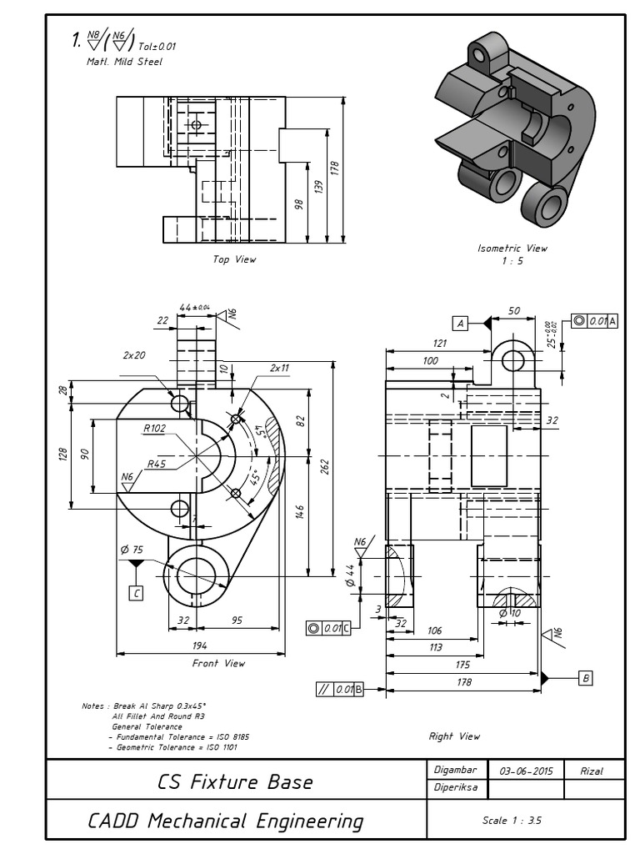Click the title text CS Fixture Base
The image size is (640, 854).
point(235,782)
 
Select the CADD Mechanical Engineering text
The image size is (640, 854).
point(226,821)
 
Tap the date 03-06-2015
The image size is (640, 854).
point(523,771)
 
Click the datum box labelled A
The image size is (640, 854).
point(460,323)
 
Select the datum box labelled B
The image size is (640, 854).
point(585,679)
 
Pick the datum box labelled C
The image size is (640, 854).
point(136,593)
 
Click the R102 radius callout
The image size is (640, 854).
point(155,429)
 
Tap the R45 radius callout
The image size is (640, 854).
point(158,464)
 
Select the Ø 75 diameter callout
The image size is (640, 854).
point(132,550)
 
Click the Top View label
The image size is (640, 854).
point(234,259)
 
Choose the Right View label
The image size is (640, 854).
point(454,736)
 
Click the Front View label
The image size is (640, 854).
point(218,663)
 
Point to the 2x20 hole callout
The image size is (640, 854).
point(134,354)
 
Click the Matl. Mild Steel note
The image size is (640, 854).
point(125,61)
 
